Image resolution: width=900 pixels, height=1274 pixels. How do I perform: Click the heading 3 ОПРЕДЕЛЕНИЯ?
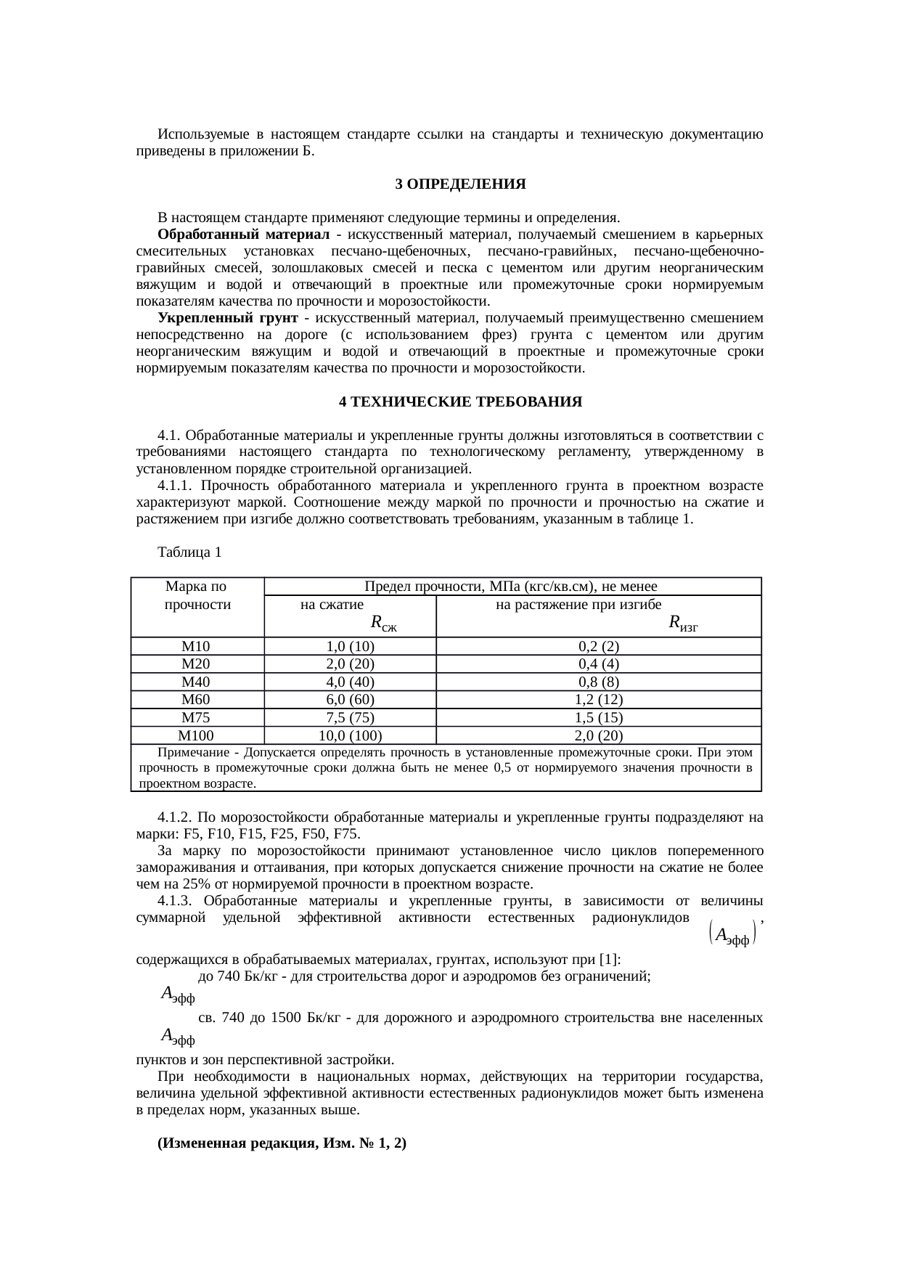click(460, 184)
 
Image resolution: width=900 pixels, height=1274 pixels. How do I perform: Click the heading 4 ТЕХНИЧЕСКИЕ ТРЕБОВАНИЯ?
click(461, 401)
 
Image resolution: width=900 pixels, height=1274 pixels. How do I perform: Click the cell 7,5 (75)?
click(350, 718)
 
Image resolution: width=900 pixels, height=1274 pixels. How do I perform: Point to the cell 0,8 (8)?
click(599, 682)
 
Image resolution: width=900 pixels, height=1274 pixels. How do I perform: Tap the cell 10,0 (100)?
click(350, 735)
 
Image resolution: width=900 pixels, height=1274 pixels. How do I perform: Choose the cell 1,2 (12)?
click(599, 700)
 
